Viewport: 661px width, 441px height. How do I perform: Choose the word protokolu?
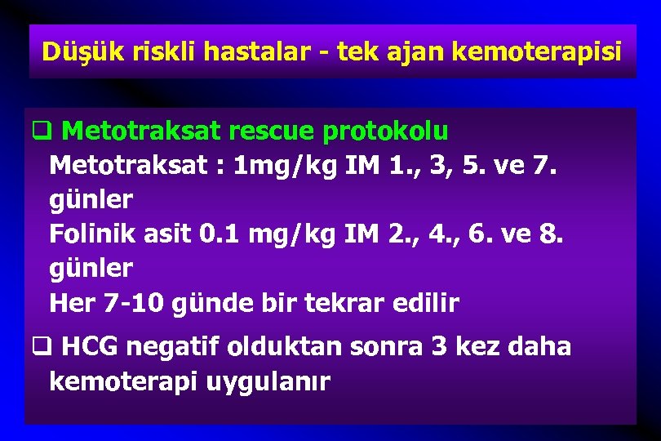(386, 131)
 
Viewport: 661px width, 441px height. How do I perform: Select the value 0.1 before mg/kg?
(217, 234)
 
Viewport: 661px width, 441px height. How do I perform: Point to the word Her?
(71, 304)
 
